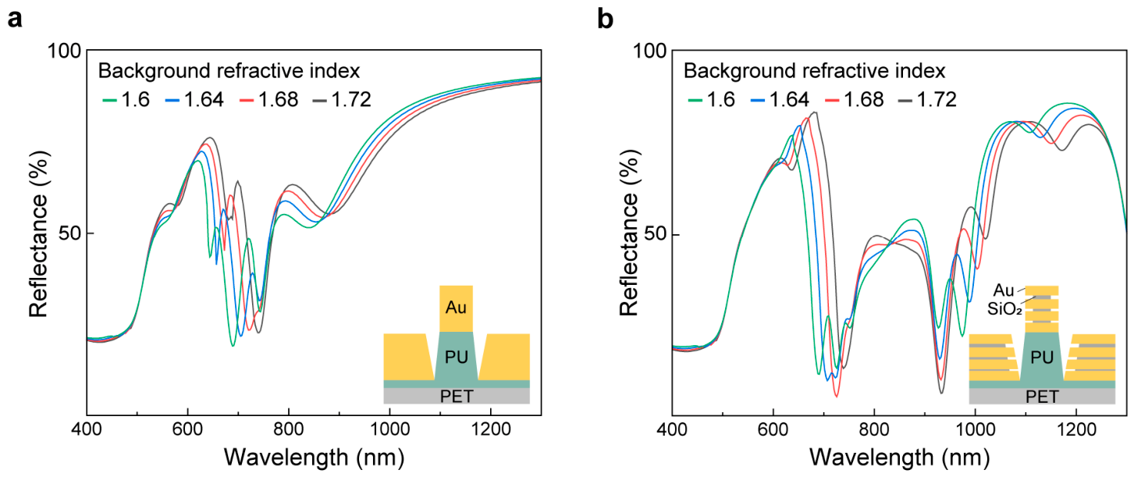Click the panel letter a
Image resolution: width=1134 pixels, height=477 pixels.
tap(15, 20)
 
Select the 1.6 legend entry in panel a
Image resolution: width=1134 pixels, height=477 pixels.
tap(126, 100)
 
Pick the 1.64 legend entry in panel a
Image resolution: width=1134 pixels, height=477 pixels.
tap(194, 100)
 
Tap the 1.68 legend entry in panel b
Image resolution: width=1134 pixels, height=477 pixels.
tap(855, 100)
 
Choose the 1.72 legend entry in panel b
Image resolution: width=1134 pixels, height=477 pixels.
tap(928, 100)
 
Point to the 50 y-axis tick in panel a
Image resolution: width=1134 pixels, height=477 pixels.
tap(70, 233)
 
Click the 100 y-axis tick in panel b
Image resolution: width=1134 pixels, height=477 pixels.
tap(650, 52)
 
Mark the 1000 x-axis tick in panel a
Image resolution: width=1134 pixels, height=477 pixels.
tap(389, 429)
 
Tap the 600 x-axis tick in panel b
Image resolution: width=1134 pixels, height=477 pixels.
tap(773, 429)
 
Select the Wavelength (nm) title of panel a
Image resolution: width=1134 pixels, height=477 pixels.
tap(315, 457)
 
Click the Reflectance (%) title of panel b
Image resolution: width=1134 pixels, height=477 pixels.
tap(629, 233)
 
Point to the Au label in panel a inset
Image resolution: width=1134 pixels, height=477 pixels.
tap(456, 308)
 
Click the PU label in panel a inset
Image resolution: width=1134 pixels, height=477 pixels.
tap(456, 358)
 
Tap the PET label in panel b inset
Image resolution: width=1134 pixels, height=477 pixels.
tap(1042, 397)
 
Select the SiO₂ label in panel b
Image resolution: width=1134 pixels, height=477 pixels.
tap(1004, 309)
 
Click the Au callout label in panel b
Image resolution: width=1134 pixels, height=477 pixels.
tap(1004, 290)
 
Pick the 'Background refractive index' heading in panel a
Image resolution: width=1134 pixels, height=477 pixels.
tap(229, 71)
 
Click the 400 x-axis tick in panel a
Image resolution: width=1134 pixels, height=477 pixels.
tap(87, 429)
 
